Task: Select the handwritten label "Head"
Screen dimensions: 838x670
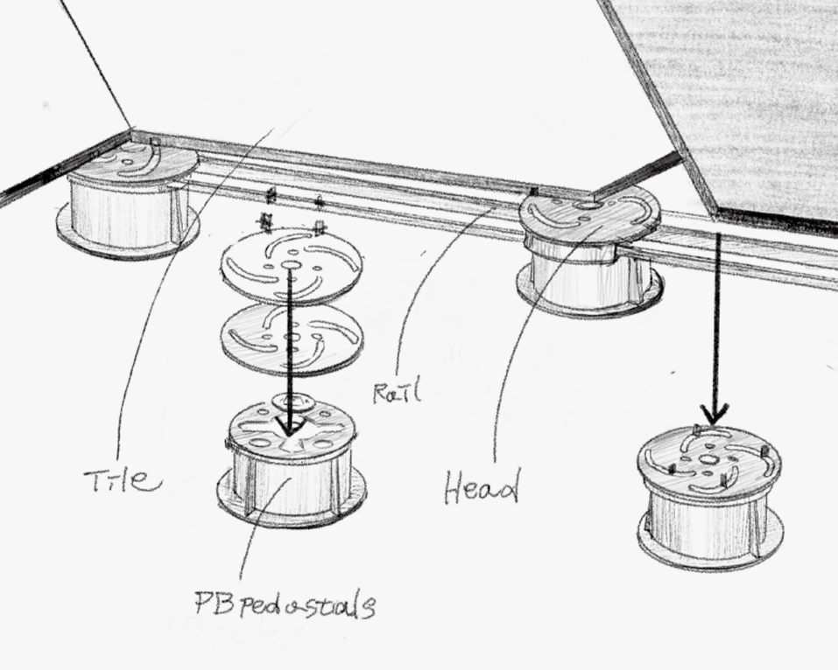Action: tap(482, 486)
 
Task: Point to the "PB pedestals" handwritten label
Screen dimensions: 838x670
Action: tap(285, 604)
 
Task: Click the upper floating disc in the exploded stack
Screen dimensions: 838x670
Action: tap(292, 265)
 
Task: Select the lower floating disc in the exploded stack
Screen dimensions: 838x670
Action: tap(292, 339)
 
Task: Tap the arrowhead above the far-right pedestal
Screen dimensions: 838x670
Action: tap(715, 413)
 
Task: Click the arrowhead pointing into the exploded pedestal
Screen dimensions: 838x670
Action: tap(289, 423)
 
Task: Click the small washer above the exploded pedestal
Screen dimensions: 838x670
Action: tap(293, 401)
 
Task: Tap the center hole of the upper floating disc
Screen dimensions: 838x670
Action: tap(290, 265)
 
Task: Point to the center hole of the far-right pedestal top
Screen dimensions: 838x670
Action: tap(708, 459)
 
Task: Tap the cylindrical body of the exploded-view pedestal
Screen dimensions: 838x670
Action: tap(292, 480)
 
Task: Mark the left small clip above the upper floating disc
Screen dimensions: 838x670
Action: tap(266, 221)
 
